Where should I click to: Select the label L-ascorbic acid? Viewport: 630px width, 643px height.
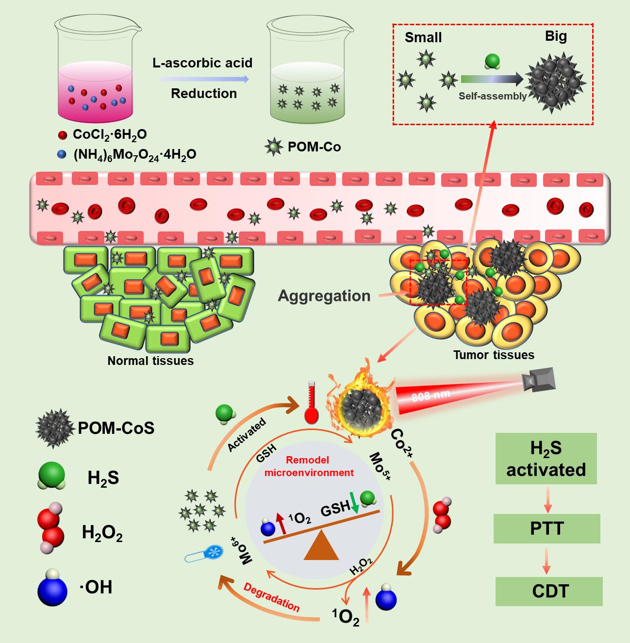point(202,63)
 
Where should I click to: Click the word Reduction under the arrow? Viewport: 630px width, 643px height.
point(204,93)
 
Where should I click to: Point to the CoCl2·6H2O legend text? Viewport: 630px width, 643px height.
point(110,134)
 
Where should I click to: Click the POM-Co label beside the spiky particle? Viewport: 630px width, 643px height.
point(314,146)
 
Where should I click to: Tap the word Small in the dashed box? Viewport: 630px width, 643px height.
point(423,37)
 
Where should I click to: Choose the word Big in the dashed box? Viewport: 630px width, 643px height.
point(556,36)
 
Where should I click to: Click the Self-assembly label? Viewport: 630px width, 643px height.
point(493,96)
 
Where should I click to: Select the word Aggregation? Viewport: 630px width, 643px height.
point(324,296)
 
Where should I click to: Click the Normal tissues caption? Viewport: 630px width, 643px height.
point(150,361)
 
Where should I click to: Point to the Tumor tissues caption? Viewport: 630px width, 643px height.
point(494,355)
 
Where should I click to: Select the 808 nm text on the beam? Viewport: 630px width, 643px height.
point(431,396)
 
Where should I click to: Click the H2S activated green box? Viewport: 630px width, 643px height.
point(546,459)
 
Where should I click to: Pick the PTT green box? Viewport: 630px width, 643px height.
point(547,528)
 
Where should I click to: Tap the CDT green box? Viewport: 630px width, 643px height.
point(549,591)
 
